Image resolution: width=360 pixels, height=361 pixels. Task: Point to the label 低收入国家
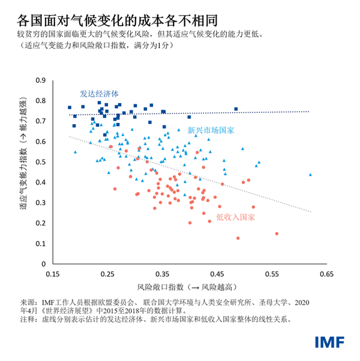click(x=235, y=219)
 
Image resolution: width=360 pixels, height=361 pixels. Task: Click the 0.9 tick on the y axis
click(x=41, y=80)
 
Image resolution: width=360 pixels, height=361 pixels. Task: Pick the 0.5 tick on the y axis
click(x=41, y=162)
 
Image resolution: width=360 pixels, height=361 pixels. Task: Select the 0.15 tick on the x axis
click(x=52, y=273)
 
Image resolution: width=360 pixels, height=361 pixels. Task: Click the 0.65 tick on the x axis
click(x=326, y=273)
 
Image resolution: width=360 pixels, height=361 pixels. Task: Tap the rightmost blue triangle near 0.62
click(x=310, y=175)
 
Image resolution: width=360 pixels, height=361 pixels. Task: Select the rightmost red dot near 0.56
click(x=277, y=234)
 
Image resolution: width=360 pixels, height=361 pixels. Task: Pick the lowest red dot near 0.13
click(x=238, y=238)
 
